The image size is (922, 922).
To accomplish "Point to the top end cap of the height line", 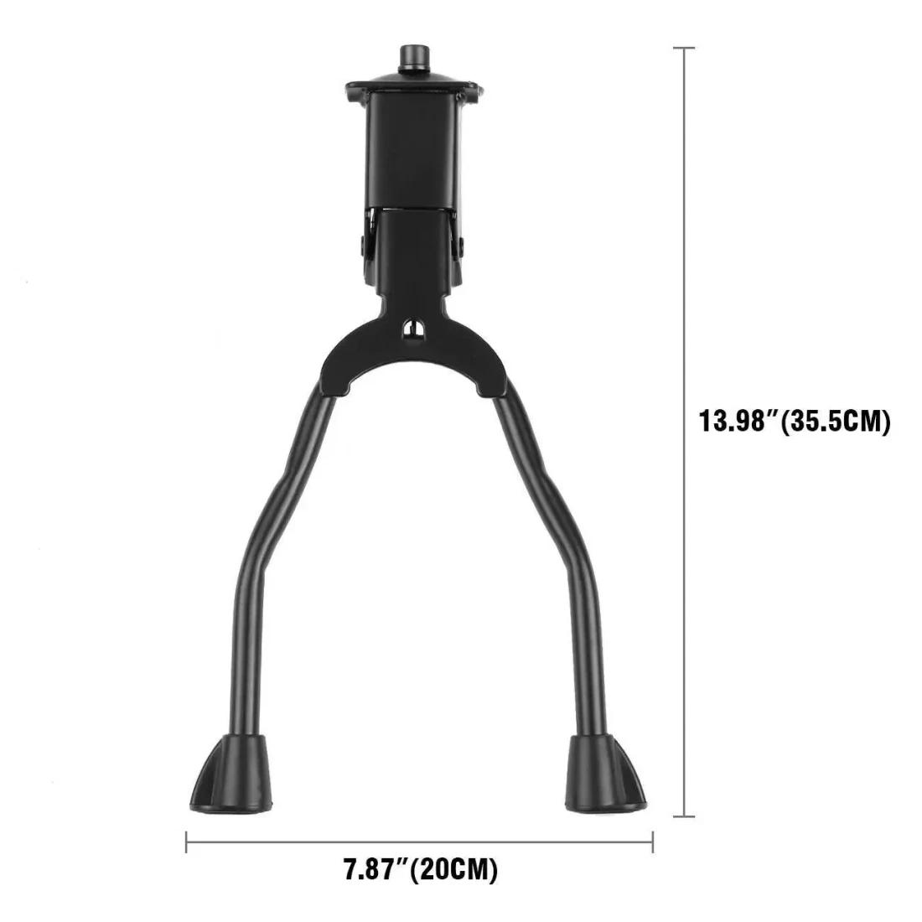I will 687,49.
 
